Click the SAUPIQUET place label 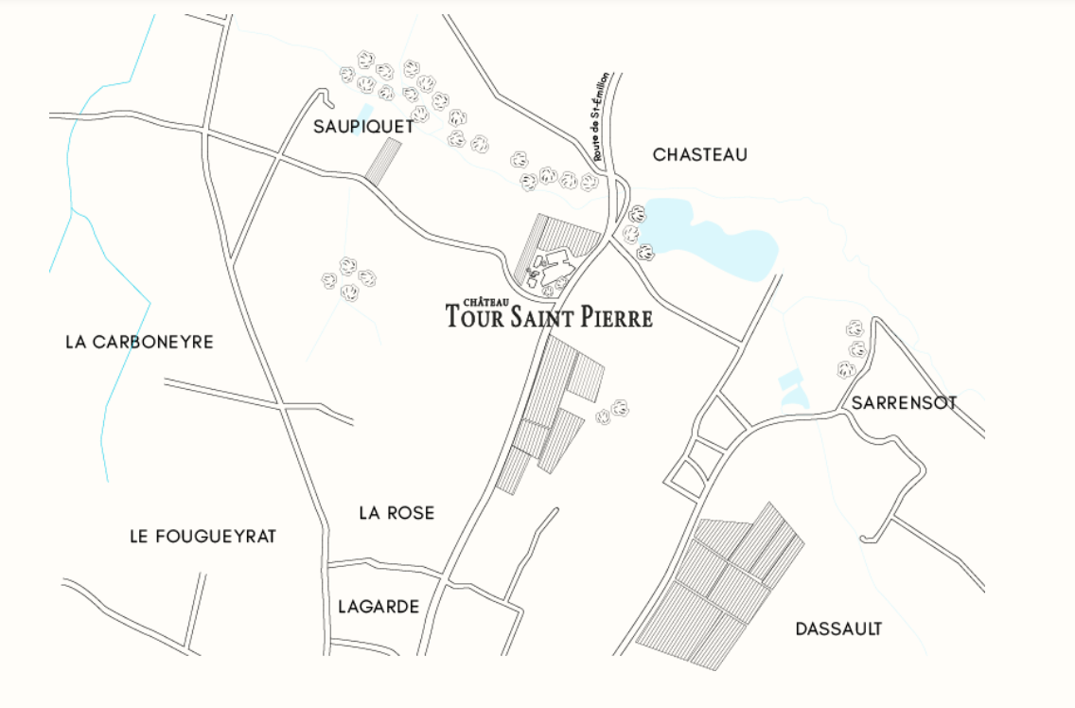point(363,126)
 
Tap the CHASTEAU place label point(699,154)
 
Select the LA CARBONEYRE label point(139,342)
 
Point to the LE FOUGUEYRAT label point(203,537)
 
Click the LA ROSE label point(397,513)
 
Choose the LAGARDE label point(379,607)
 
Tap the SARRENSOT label point(904,403)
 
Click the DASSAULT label point(838,628)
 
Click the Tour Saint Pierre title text point(549,317)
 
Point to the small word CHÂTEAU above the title point(481,301)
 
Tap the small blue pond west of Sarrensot point(790,390)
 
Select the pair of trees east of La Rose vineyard point(612,412)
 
